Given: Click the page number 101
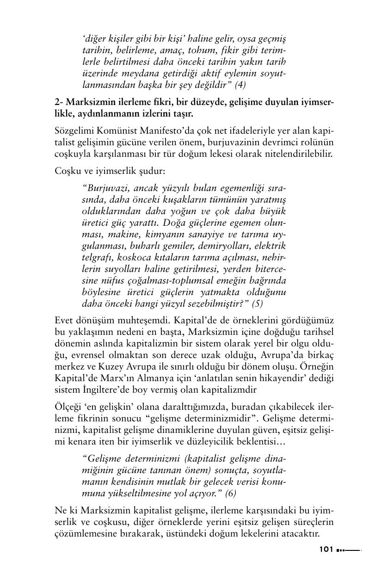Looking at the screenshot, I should [326, 550].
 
